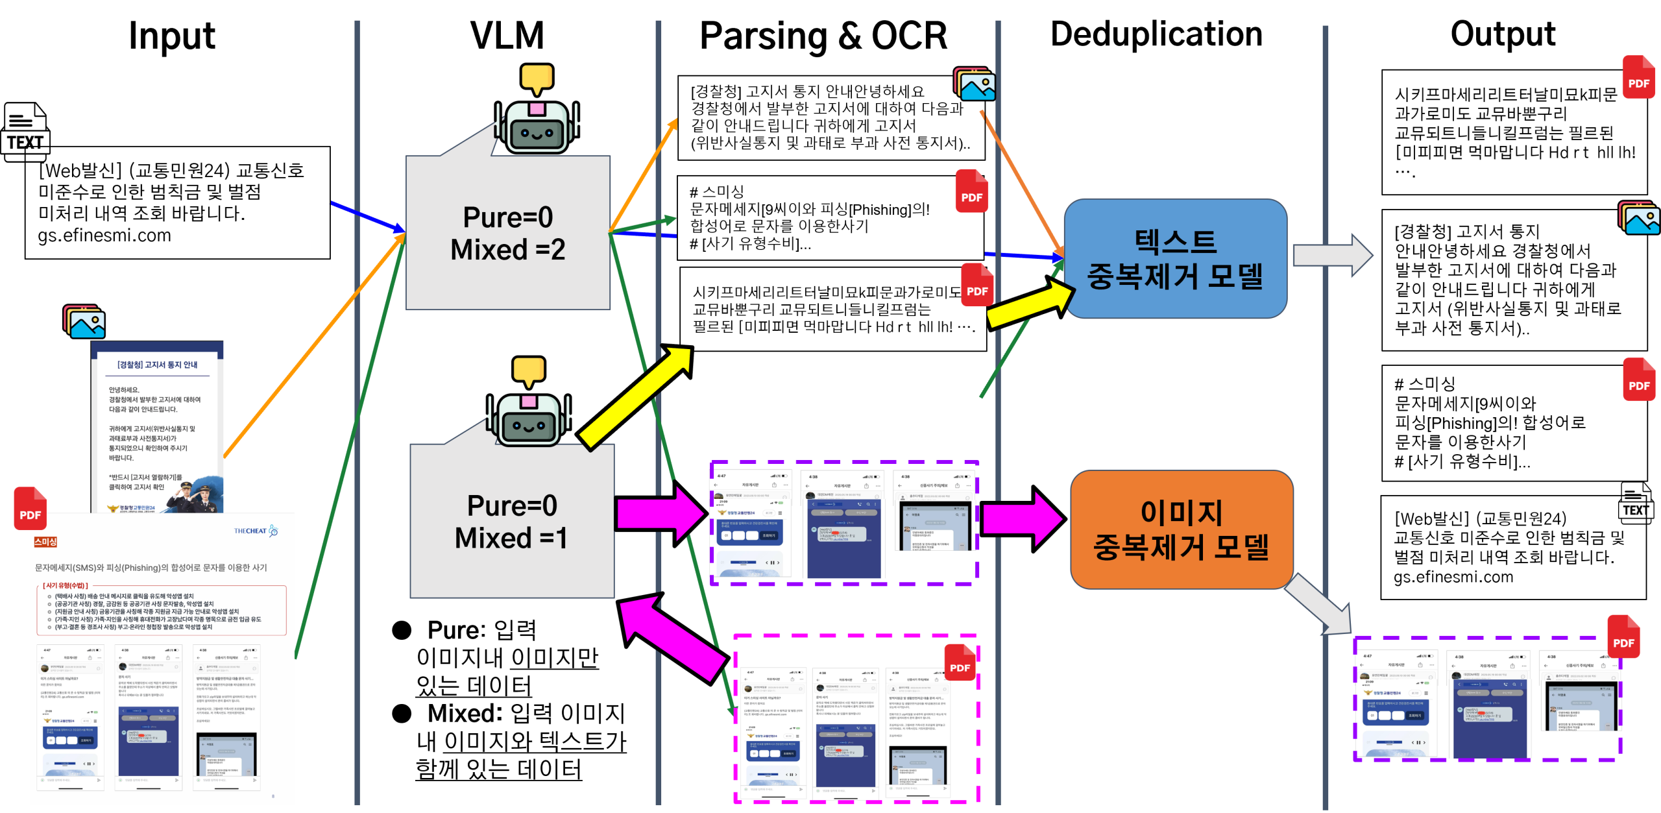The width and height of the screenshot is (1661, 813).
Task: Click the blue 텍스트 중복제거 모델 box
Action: click(1175, 258)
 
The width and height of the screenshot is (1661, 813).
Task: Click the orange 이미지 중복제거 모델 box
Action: click(1181, 529)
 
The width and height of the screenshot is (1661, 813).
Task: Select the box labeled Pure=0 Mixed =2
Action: click(508, 234)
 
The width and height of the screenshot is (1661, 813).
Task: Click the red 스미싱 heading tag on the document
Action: click(45, 542)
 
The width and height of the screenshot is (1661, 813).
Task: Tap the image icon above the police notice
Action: click(84, 322)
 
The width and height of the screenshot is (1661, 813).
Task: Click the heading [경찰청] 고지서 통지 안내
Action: click(157, 365)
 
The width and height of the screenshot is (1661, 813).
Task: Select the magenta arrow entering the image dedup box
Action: click(1022, 518)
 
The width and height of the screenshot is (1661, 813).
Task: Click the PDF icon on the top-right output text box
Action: click(1638, 77)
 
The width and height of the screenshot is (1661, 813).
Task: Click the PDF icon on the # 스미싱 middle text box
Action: click(971, 191)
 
